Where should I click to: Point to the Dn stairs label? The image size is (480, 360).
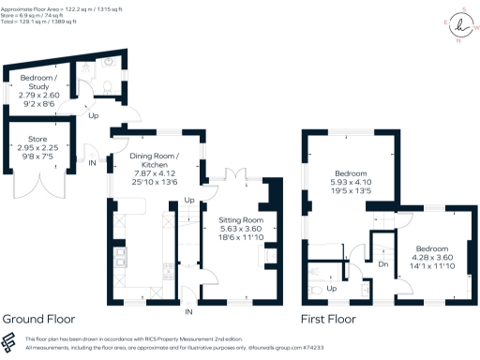click(383, 264)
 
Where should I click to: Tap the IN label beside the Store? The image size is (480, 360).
click(92, 162)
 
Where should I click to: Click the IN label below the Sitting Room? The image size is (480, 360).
click(189, 310)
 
